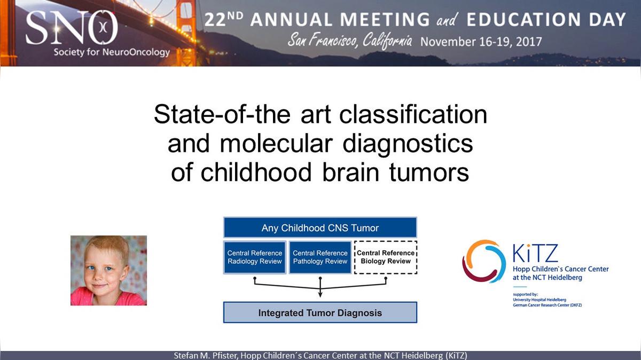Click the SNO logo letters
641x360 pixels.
point(72,28)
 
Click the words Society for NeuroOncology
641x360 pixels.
point(112,52)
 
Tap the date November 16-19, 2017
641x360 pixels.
point(481,42)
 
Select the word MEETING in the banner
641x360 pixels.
point(385,20)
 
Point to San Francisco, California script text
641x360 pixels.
point(350,41)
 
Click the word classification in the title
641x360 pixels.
point(413,114)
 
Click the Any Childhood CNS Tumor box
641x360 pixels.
point(320,228)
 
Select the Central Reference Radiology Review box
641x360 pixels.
point(255,257)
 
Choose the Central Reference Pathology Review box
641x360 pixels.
point(320,257)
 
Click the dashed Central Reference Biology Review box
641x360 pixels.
point(386,257)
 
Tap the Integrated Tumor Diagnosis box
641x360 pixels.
point(320,312)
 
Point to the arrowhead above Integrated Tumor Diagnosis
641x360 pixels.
point(320,294)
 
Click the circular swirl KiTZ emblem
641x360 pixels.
point(483,261)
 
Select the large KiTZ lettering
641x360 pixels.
point(535,253)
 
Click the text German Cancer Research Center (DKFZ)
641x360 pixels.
point(547,305)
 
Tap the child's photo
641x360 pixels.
point(109,270)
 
